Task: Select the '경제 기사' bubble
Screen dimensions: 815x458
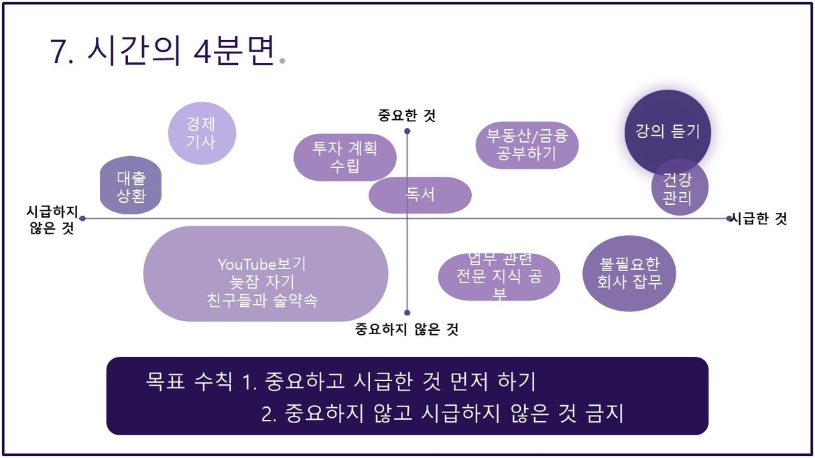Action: coord(202,133)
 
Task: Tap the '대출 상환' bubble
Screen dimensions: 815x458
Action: coord(131,185)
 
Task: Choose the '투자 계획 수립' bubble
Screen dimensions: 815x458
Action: coord(345,157)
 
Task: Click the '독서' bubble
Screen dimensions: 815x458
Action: coord(420,196)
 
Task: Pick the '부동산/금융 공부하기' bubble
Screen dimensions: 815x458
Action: coord(527,145)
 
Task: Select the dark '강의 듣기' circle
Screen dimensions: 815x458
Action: coord(668,132)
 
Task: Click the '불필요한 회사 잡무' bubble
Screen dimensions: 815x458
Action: coord(629,273)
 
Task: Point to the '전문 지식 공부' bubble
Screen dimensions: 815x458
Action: coord(499,277)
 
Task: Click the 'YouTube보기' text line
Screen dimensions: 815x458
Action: coord(262,264)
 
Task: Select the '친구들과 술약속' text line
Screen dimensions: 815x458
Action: coord(262,300)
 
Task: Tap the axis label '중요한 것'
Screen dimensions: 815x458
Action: coord(407,116)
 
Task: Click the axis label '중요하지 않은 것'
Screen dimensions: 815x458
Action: coord(407,329)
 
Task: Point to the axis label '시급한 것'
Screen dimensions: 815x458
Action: coord(759,219)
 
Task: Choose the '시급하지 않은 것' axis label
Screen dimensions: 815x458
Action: coord(52,220)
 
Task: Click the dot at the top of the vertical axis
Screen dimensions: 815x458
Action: coord(407,131)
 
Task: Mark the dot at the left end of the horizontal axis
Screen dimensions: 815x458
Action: coord(82,218)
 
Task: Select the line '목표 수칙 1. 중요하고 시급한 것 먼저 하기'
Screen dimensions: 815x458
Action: coord(341,382)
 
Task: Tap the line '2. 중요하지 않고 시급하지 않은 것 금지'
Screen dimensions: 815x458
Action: coord(442,413)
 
